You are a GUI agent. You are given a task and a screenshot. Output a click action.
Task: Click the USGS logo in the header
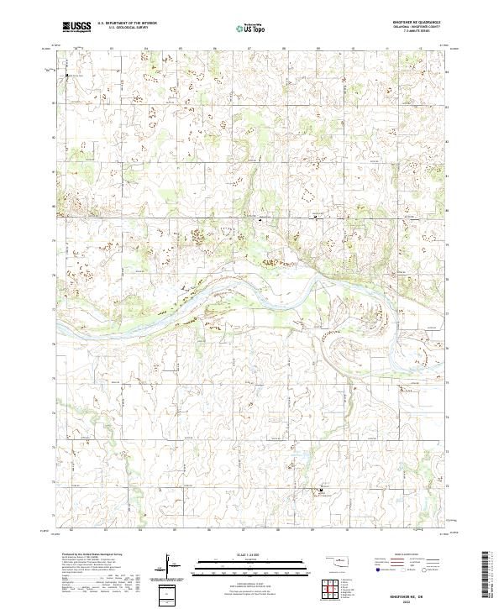pos(76,27)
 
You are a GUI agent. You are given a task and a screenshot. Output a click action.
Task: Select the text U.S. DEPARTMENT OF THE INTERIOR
pos(127,24)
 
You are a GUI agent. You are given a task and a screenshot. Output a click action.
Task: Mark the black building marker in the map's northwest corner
pos(67,76)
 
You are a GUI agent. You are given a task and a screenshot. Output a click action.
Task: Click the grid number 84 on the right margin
pos(446,71)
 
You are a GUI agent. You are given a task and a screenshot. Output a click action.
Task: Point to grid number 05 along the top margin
pos(181,48)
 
